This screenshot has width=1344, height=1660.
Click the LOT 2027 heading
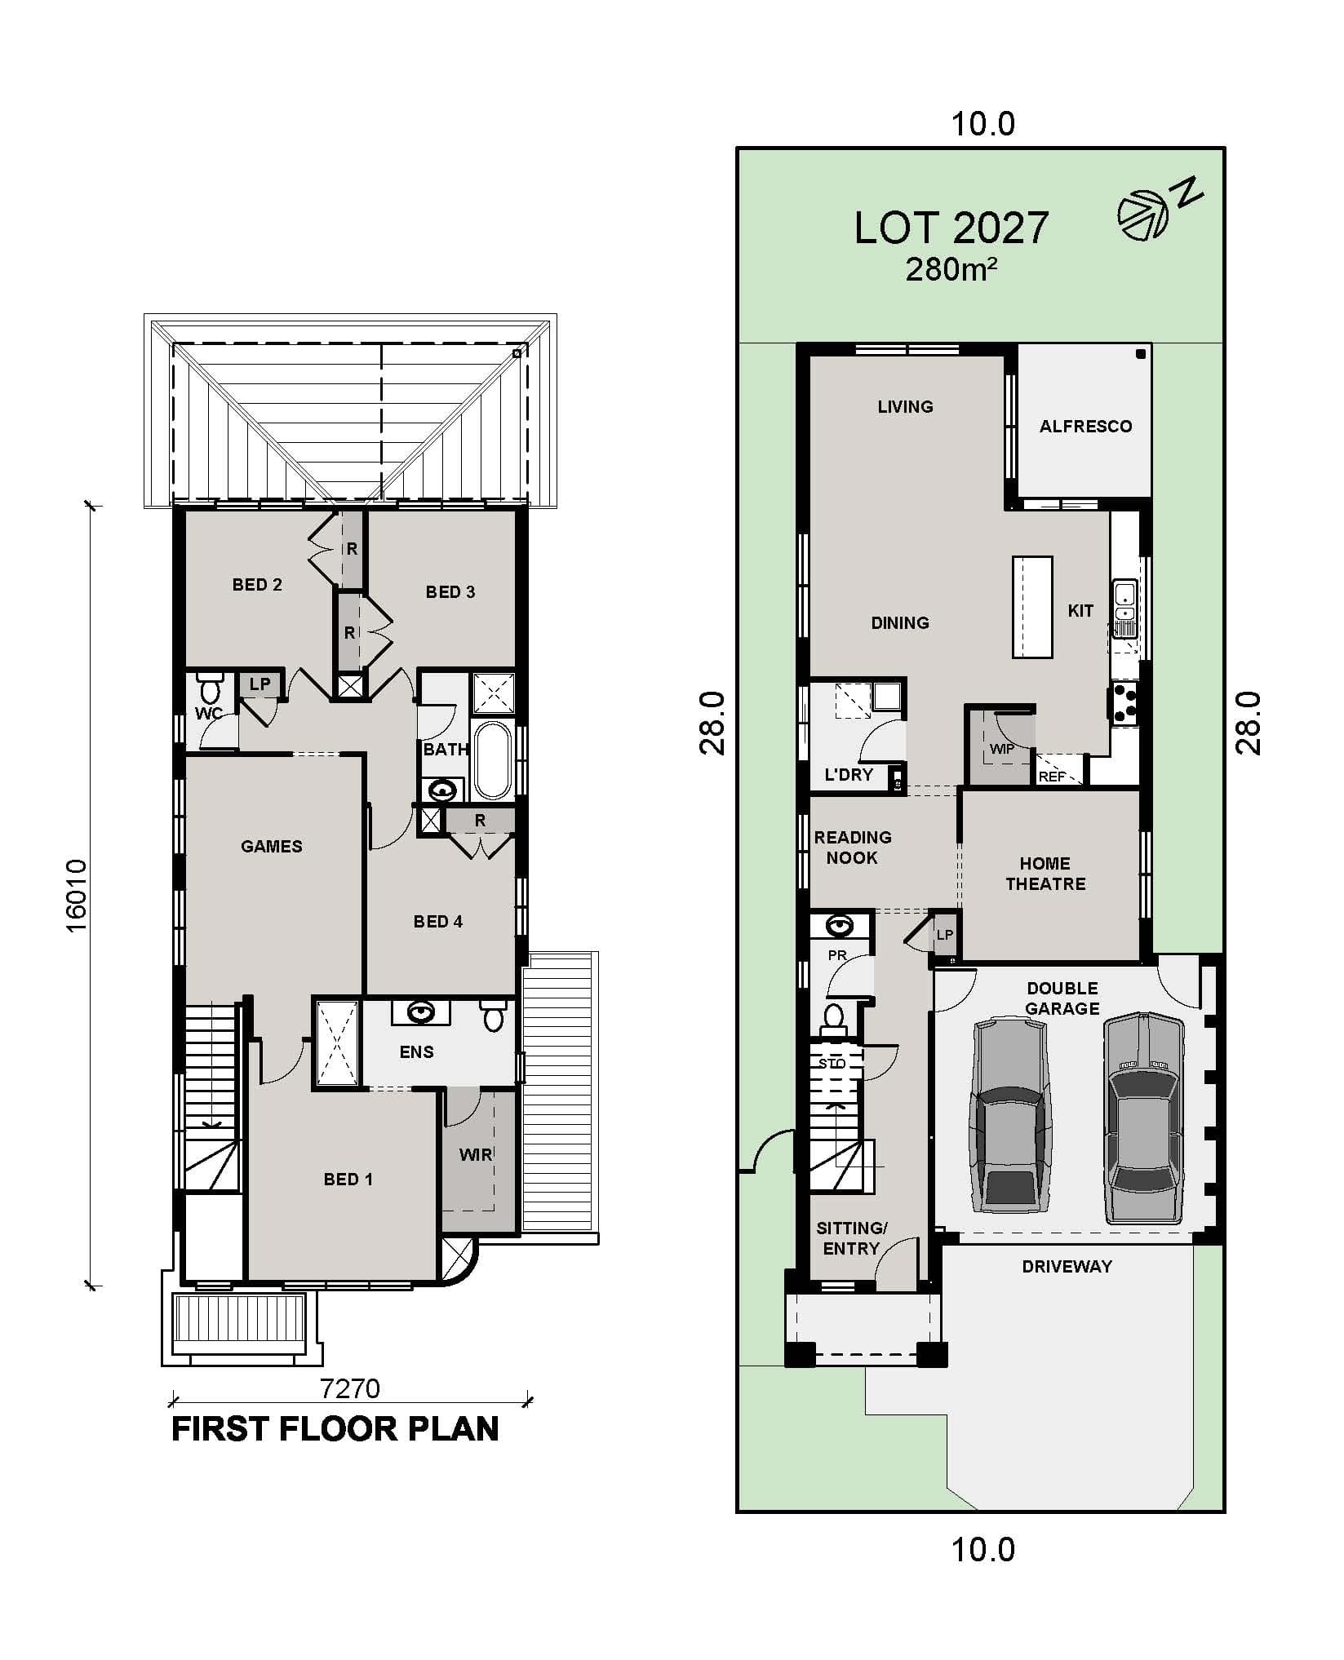pyautogui.click(x=951, y=228)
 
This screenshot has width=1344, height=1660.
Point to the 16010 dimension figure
pyautogui.click(x=76, y=895)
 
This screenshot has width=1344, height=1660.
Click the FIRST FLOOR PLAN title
pyautogui.click(x=335, y=1430)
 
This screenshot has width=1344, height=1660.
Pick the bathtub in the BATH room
pyautogui.click(x=492, y=759)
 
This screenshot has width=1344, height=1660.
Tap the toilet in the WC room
pyautogui.click(x=211, y=688)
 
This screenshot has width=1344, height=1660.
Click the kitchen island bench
pyautogui.click(x=1032, y=606)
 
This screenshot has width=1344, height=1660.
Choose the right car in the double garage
pyautogui.click(x=1142, y=1118)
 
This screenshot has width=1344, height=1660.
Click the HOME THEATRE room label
pyautogui.click(x=1045, y=874)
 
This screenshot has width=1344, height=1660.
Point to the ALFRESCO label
pyautogui.click(x=1085, y=426)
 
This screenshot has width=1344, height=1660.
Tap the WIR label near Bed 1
pyautogui.click(x=476, y=1154)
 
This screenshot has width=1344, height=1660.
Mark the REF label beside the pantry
pyautogui.click(x=1053, y=777)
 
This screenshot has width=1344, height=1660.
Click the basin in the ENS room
pyautogui.click(x=421, y=1012)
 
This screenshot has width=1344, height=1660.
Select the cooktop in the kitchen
pyautogui.click(x=1123, y=703)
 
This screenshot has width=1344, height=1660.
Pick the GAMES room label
pyautogui.click(x=272, y=846)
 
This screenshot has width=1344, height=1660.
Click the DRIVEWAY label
pyautogui.click(x=1067, y=1266)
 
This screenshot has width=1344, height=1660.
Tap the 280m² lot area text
pyautogui.click(x=951, y=268)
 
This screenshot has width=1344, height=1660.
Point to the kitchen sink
pyautogui.click(x=1124, y=608)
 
